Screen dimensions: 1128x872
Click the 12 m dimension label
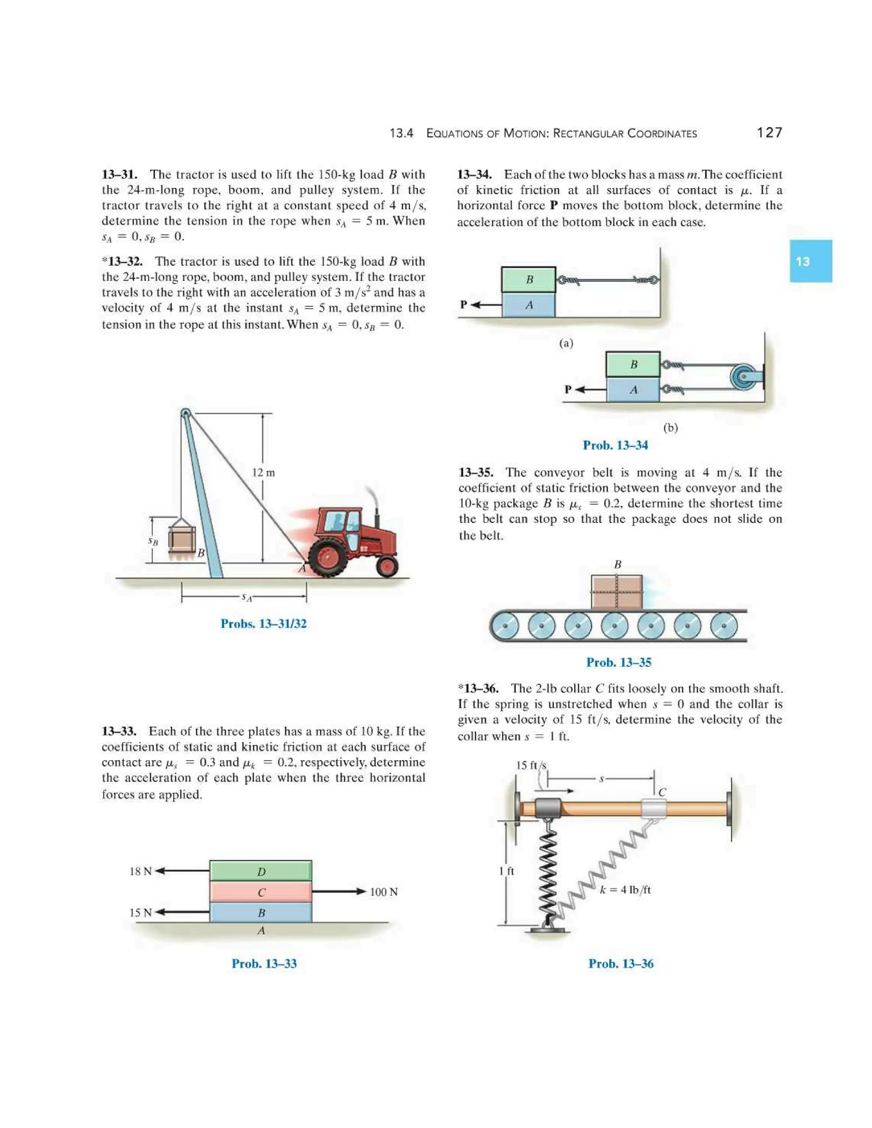click(x=263, y=472)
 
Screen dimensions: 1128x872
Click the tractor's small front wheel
click(x=387, y=566)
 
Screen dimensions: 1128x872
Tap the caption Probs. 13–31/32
click(x=264, y=624)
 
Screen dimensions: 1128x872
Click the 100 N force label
click(x=383, y=892)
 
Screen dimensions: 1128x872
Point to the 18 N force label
click(x=141, y=871)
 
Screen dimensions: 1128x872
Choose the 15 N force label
click(x=141, y=913)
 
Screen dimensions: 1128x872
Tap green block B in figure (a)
click(x=528, y=279)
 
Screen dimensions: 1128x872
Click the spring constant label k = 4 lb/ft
click(x=625, y=889)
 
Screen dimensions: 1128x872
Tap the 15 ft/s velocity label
click(x=531, y=765)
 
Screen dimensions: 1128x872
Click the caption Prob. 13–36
click(x=620, y=964)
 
